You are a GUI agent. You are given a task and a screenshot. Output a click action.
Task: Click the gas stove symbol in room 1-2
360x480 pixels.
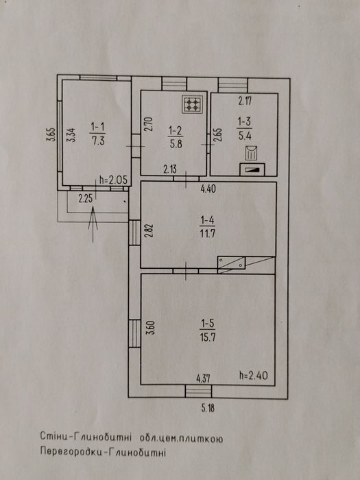[x=192, y=104]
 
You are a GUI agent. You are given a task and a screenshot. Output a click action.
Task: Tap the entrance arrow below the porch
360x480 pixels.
[x=93, y=224]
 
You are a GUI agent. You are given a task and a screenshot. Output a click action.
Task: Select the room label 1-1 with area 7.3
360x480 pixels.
[x=97, y=134]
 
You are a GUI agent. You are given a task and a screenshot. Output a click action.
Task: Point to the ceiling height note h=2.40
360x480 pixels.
[x=253, y=375]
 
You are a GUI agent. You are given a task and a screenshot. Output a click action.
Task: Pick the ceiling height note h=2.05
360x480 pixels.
[x=113, y=180]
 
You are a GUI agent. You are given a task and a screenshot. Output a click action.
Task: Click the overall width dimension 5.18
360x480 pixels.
[x=208, y=409]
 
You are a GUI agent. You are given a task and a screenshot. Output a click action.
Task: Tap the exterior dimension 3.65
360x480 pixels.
[x=51, y=134]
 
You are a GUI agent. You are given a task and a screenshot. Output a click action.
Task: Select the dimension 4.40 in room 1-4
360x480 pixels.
[x=208, y=189]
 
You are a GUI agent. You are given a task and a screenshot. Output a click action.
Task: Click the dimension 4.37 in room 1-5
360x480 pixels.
[x=203, y=379]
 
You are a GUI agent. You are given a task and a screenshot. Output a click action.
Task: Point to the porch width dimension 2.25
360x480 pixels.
[x=86, y=200]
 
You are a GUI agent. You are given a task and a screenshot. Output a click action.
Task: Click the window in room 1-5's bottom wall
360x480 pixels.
[x=198, y=392]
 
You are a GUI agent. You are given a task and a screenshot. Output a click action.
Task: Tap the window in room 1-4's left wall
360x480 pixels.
[x=134, y=232]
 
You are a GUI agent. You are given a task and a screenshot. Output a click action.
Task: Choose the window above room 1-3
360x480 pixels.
[x=233, y=86]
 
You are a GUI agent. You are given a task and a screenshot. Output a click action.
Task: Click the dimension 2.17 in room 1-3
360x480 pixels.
[x=245, y=101]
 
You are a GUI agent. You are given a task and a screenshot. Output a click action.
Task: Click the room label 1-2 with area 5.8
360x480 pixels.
[x=176, y=138]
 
